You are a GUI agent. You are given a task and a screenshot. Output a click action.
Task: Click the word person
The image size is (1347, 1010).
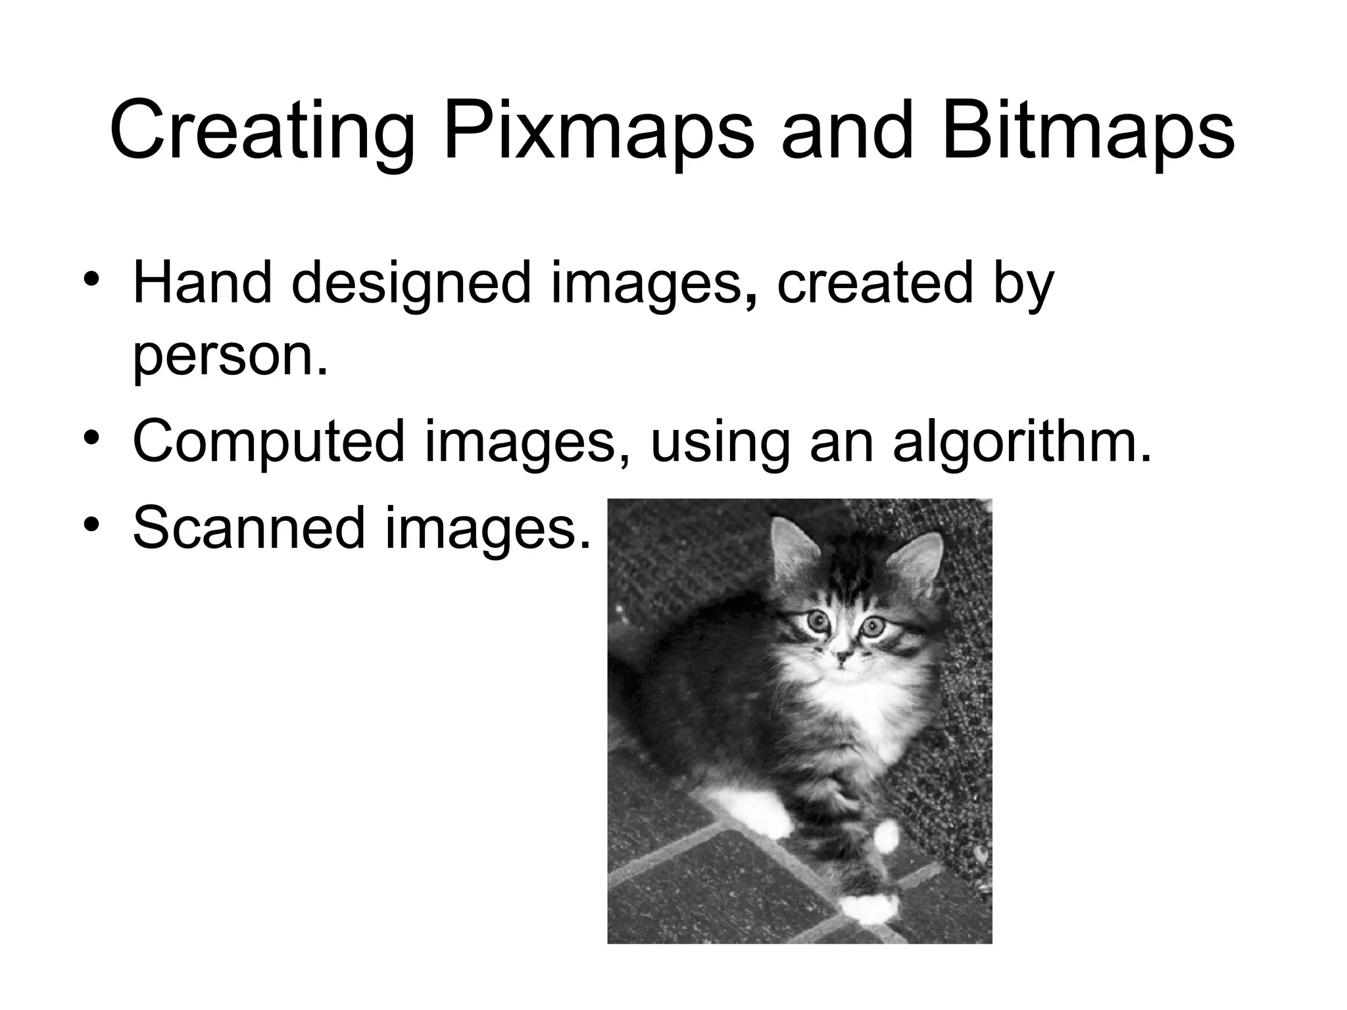(x=230, y=358)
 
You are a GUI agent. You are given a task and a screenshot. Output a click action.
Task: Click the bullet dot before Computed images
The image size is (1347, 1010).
(x=92, y=437)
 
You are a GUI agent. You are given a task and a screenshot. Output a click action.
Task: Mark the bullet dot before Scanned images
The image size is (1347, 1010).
(x=92, y=523)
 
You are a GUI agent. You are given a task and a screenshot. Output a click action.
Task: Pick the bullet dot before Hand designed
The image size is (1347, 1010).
(x=92, y=279)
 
